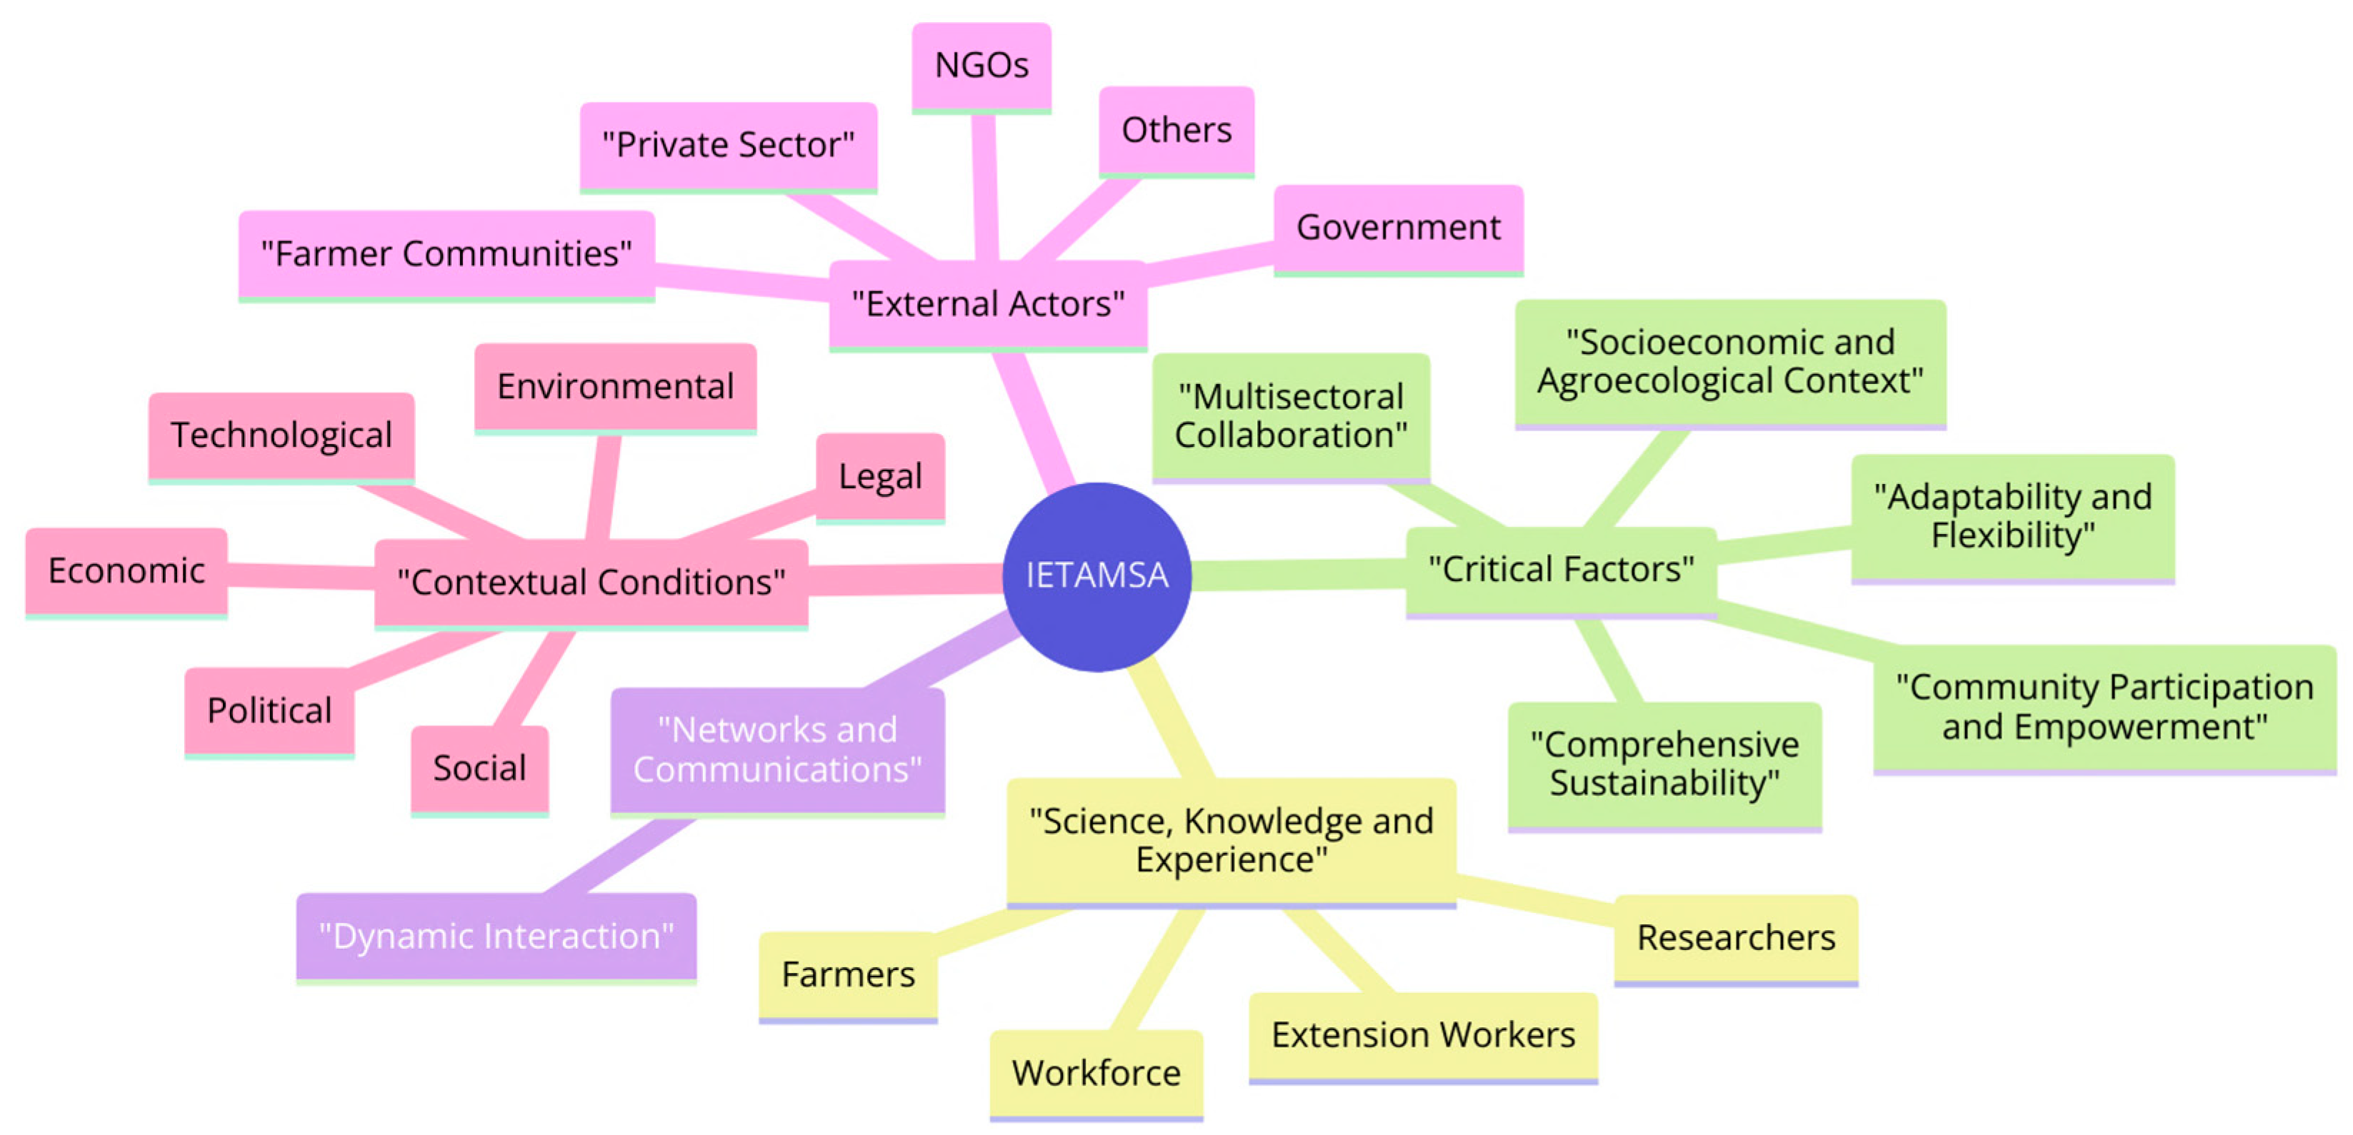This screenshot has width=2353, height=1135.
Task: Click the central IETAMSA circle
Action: (x=1096, y=576)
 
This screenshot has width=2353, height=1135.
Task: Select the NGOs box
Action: (x=981, y=66)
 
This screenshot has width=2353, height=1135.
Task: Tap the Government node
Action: (x=1397, y=228)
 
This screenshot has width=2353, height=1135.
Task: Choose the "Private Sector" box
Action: (x=728, y=145)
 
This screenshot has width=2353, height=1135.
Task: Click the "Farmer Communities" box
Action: (x=446, y=254)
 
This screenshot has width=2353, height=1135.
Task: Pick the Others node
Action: (x=1176, y=130)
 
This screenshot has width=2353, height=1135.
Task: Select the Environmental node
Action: (x=615, y=386)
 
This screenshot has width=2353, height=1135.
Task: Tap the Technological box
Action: (x=281, y=435)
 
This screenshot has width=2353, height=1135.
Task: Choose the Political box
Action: (x=269, y=710)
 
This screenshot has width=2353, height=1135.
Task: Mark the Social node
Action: (x=479, y=768)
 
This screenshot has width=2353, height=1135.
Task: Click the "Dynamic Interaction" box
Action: (x=496, y=936)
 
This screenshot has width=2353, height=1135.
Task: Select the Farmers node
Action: (x=848, y=974)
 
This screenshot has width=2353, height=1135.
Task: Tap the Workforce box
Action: (x=1095, y=1073)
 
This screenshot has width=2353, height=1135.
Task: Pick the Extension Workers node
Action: (x=1422, y=1036)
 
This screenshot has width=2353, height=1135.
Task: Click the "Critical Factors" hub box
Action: (x=1560, y=570)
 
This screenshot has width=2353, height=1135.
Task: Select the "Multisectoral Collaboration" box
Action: (x=1290, y=416)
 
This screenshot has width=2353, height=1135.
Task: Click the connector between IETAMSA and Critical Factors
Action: (x=1297, y=575)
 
